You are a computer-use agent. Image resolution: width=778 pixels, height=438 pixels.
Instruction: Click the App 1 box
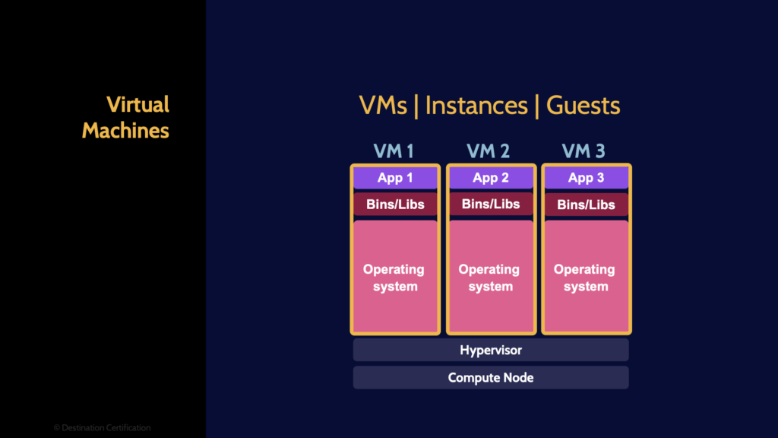point(395,178)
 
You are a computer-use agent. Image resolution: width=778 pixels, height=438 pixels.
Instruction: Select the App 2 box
point(490,178)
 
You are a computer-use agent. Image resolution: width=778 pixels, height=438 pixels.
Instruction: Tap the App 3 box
point(586,178)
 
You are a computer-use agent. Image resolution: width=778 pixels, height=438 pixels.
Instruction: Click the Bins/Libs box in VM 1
point(395,204)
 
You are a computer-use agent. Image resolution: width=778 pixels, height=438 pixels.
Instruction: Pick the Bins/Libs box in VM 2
point(490,204)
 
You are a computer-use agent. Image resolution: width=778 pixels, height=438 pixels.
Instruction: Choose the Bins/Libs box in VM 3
point(586,205)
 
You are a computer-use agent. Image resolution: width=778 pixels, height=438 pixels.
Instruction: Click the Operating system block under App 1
point(395,277)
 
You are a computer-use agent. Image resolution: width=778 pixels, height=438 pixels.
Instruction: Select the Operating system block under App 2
point(490,277)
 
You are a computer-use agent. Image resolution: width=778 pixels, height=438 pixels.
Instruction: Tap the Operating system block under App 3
point(586,277)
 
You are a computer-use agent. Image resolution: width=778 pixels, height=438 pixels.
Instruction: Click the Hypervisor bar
point(491,350)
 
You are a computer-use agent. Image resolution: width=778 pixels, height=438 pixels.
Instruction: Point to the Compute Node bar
point(491,377)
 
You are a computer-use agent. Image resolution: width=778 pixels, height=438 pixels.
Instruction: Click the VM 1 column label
point(394,151)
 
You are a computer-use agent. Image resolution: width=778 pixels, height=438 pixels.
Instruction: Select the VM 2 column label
point(489,151)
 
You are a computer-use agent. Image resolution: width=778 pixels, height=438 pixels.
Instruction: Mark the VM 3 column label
point(584,151)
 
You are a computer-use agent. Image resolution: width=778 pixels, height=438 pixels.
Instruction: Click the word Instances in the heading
point(476,106)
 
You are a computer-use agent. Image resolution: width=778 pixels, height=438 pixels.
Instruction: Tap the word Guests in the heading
point(583,106)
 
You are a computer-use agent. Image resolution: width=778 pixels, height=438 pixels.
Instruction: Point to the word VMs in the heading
point(383,106)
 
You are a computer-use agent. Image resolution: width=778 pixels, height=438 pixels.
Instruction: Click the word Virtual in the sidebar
point(138,104)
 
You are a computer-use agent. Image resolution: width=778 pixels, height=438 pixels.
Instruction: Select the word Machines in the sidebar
point(125,130)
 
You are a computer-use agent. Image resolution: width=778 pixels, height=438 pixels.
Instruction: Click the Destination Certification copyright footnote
point(102,427)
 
